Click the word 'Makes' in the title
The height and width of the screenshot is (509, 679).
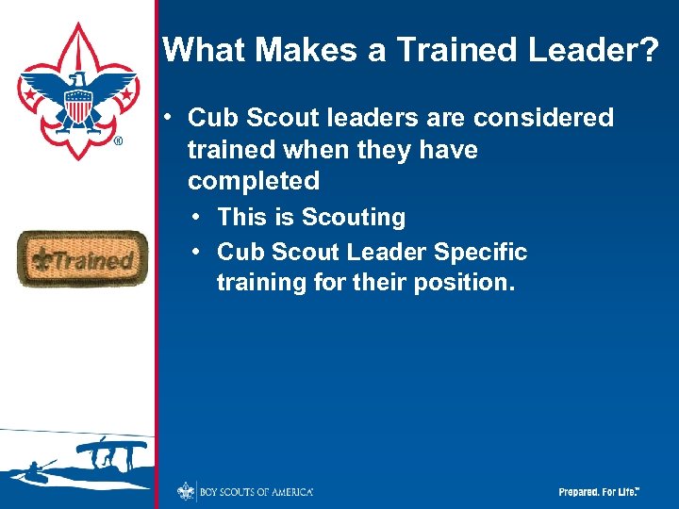(301, 50)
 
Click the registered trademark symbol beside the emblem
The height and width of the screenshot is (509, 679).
(118, 141)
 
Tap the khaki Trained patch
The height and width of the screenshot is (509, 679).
(82, 258)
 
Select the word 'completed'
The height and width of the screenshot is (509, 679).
(253, 180)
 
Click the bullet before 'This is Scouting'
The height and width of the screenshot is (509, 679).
(194, 217)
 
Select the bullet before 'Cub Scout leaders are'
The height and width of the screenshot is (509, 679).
(165, 118)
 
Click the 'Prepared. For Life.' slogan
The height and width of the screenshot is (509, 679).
(599, 492)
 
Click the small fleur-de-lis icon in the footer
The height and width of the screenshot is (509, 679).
(186, 491)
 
